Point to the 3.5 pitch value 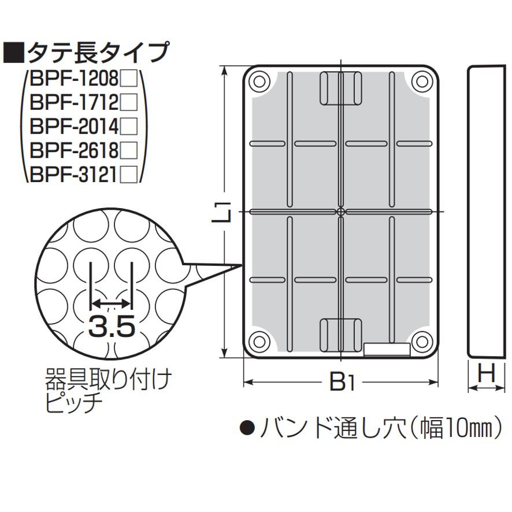click(x=111, y=327)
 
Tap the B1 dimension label click(x=341, y=382)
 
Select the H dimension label click(x=487, y=374)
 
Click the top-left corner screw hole click(x=259, y=81)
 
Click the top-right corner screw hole click(x=422, y=81)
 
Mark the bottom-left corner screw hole click(x=259, y=342)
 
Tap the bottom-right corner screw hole click(x=422, y=342)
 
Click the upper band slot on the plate click(x=341, y=88)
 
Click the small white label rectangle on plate click(x=387, y=350)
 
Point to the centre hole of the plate click(x=341, y=212)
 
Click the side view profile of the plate click(x=487, y=212)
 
